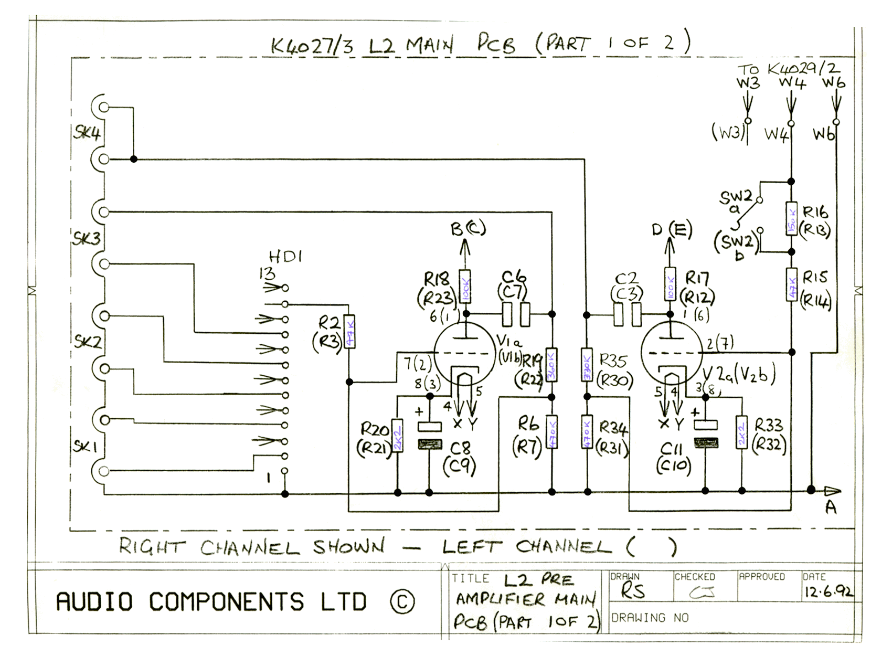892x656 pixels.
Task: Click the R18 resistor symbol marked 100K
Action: (465, 287)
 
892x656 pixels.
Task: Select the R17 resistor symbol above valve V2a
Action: (670, 284)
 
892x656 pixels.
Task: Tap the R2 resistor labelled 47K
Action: (349, 331)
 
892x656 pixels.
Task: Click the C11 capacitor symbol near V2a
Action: (706, 434)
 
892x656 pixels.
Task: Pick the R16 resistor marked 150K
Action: (791, 219)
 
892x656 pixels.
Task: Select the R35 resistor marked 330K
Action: (587, 365)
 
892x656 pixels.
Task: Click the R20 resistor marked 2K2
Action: (397, 435)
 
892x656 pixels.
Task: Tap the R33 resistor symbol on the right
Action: (741, 432)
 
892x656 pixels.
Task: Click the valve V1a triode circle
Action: (464, 352)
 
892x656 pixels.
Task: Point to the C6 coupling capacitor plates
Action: (516, 314)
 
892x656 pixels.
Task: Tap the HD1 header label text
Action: (286, 257)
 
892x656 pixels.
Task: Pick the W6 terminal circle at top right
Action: (836, 122)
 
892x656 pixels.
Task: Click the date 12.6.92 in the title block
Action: (828, 591)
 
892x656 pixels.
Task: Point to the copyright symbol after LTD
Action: (402, 602)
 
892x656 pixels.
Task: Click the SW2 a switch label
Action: (736, 202)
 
